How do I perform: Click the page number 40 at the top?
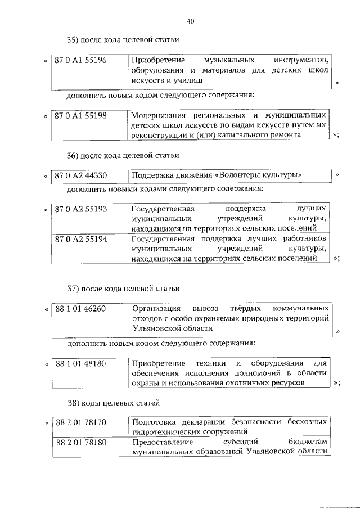(190, 21)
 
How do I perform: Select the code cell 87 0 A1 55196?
(81, 60)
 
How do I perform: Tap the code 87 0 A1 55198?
(81, 115)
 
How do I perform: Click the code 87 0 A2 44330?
(81, 175)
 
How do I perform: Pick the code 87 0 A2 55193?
(81, 209)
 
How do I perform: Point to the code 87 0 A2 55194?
(81, 239)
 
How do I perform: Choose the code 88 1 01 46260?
(81, 309)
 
